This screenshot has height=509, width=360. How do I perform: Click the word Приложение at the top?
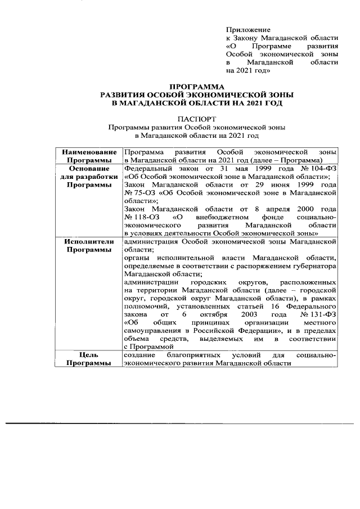point(248,29)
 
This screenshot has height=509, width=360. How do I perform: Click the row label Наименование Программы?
point(89,156)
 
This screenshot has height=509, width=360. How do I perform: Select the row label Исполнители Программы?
point(89,245)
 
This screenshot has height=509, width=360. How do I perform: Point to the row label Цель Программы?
point(89,359)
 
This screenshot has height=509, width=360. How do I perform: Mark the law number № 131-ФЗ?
point(319,316)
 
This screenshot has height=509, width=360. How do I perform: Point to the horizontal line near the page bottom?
point(180,422)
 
